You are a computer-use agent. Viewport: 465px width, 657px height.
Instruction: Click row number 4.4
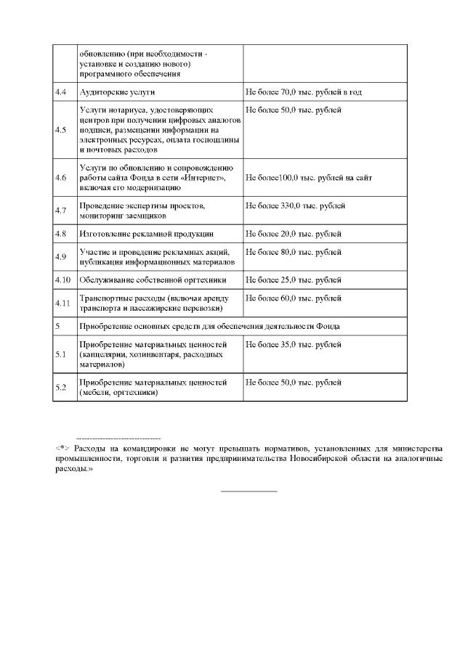61,92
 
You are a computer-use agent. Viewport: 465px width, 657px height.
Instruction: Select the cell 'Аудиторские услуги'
117,92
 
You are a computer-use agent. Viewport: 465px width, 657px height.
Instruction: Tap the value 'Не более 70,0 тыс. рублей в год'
304,92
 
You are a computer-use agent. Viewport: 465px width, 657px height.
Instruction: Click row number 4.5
61,130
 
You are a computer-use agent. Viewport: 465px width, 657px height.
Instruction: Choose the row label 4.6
61,178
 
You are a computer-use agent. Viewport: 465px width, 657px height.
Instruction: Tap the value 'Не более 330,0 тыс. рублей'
296,206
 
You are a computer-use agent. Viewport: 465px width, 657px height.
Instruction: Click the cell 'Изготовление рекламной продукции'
146,234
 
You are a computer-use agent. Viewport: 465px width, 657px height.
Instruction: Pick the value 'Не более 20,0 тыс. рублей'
294,234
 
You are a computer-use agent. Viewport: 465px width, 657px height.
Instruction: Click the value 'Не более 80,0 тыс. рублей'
294,252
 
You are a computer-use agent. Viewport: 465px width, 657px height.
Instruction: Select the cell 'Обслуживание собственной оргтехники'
153,279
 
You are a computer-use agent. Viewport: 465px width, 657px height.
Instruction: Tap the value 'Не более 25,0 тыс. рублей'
294,279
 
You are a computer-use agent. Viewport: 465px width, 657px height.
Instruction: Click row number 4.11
62,303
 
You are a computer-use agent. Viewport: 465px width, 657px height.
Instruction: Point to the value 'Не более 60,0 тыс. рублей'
294,298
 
